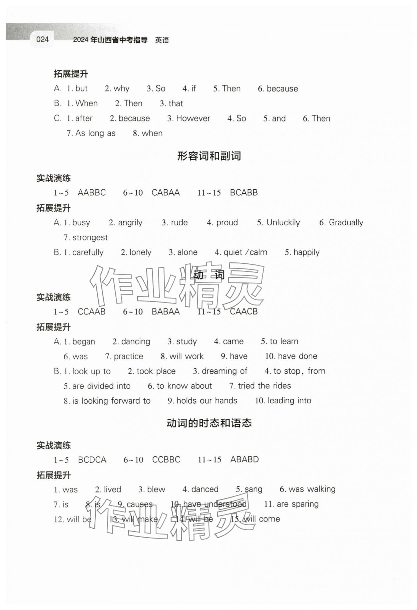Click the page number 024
pos(42,39)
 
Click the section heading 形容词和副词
pos(209,156)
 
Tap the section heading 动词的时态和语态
pos(209,423)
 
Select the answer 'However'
pos(193,119)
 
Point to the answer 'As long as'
pos(95,133)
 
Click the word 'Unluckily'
pos(283,223)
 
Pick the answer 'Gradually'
pos(346,223)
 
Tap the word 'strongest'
pos(90,237)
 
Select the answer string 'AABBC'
pos(92,193)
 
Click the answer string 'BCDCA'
pos(92,460)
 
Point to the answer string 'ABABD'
pos(245,459)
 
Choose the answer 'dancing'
pos(135,342)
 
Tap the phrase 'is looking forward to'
pos(111,401)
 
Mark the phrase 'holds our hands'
pos(207,401)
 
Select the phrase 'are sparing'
pos(298,504)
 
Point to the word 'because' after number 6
pos(282,89)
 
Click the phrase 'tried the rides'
pos(264,386)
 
